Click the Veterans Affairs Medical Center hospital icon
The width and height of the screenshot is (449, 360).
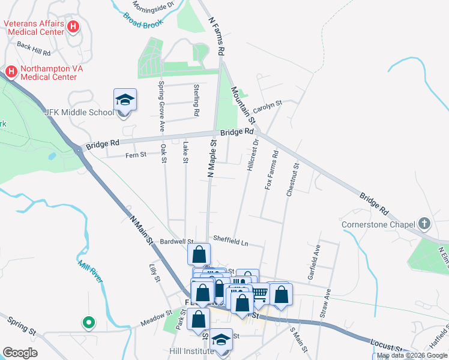pyautogui.click(x=73, y=26)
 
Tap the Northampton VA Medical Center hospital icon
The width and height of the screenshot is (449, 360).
pyautogui.click(x=11, y=72)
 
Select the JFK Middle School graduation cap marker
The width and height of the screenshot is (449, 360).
pyautogui.click(x=125, y=100)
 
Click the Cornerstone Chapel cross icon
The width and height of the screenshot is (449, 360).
pyautogui.click(x=424, y=224)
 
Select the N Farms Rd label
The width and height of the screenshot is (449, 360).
pyautogui.click(x=215, y=37)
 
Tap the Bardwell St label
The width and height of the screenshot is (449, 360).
pyautogui.click(x=176, y=242)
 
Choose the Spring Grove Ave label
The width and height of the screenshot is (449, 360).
pyautogui.click(x=161, y=106)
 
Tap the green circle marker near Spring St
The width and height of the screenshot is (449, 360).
pyautogui.click(x=89, y=323)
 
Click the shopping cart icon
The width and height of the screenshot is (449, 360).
pyautogui.click(x=259, y=292)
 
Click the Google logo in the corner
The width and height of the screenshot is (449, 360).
pyautogui.click(x=20, y=353)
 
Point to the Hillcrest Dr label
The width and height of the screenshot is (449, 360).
pyautogui.click(x=252, y=155)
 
